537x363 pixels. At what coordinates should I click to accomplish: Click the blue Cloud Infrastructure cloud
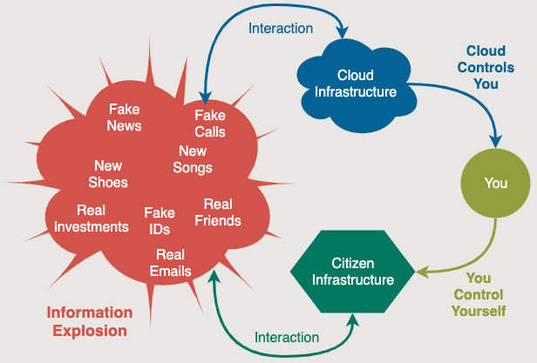(x=357, y=85)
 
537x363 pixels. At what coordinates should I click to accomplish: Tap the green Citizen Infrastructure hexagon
(x=353, y=272)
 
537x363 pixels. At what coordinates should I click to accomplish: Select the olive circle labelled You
(x=495, y=183)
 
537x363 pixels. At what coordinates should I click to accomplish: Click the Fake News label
(x=124, y=118)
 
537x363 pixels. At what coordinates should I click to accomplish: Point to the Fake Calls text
(x=210, y=124)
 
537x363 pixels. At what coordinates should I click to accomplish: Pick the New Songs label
(x=193, y=159)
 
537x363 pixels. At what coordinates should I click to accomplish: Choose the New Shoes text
(x=108, y=174)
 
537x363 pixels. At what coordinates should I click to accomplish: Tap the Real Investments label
(x=91, y=218)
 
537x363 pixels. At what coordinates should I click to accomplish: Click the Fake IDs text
(x=160, y=221)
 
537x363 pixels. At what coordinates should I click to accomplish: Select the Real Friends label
(x=218, y=212)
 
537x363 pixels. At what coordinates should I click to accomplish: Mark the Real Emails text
(x=170, y=263)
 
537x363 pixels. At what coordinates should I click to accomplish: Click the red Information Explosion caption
(x=90, y=321)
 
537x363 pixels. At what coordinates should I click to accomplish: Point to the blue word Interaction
(x=281, y=29)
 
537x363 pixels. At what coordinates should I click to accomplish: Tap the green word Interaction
(x=287, y=338)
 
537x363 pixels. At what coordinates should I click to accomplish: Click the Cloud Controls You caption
(x=486, y=67)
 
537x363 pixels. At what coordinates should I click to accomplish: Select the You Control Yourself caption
(x=479, y=294)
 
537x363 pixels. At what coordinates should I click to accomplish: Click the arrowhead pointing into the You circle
(x=495, y=141)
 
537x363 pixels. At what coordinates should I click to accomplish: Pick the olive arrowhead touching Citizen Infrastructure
(x=422, y=272)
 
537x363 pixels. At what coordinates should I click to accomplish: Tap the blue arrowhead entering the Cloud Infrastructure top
(x=342, y=32)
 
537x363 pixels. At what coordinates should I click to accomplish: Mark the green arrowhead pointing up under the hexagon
(x=353, y=319)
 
